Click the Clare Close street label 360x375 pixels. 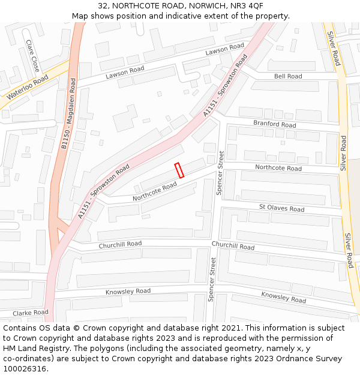point(32,55)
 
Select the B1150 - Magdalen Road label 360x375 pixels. point(69,113)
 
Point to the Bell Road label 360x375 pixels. point(288,76)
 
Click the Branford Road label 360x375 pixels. point(274,124)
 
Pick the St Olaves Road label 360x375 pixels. point(281,208)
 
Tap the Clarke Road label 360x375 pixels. point(30,313)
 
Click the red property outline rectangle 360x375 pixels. point(179,170)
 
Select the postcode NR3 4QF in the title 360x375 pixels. point(246,5)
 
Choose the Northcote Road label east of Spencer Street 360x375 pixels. point(278,168)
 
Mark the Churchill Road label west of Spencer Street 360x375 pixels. point(120,244)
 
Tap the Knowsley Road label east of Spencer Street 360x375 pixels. point(283,297)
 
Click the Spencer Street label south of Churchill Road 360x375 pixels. point(211,280)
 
